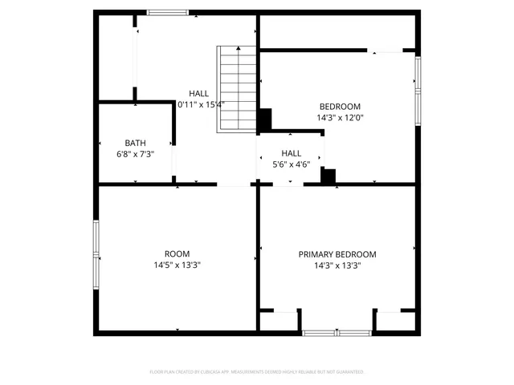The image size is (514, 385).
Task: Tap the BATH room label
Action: [135, 143]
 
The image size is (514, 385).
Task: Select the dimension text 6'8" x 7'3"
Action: [135, 154]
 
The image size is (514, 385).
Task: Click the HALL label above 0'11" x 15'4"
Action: [198, 93]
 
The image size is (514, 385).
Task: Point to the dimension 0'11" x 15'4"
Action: [201, 104]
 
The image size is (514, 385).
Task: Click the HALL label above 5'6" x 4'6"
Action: [291, 152]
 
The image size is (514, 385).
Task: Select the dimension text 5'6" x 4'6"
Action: [291, 164]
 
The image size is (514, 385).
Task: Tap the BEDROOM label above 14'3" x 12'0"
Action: [340, 106]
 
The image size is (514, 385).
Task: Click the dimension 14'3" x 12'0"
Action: [340, 117]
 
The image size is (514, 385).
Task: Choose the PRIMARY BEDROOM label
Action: [337, 254]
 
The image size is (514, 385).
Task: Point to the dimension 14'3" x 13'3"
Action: [337, 265]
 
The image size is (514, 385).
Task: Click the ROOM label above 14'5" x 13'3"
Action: [177, 254]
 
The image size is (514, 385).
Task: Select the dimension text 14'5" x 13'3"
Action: [177, 265]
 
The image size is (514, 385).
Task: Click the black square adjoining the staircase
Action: [264, 120]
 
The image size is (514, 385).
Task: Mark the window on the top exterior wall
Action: [167, 12]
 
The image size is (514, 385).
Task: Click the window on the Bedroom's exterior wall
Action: [417, 89]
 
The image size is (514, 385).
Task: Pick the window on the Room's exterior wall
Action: [96, 256]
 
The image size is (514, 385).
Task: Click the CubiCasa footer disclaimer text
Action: [257, 372]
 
